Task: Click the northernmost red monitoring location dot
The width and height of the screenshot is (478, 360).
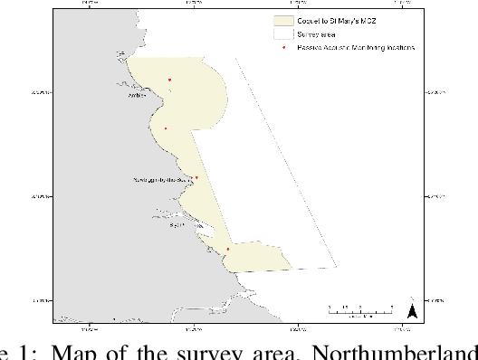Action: [170, 80]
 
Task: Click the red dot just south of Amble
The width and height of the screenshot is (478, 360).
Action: [165, 128]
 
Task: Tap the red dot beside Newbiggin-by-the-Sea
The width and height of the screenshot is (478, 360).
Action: [196, 178]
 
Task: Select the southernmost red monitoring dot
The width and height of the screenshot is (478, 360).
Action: [228, 250]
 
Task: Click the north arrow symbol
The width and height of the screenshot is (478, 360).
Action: [411, 311]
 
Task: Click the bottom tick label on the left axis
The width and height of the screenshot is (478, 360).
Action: [37, 299]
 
